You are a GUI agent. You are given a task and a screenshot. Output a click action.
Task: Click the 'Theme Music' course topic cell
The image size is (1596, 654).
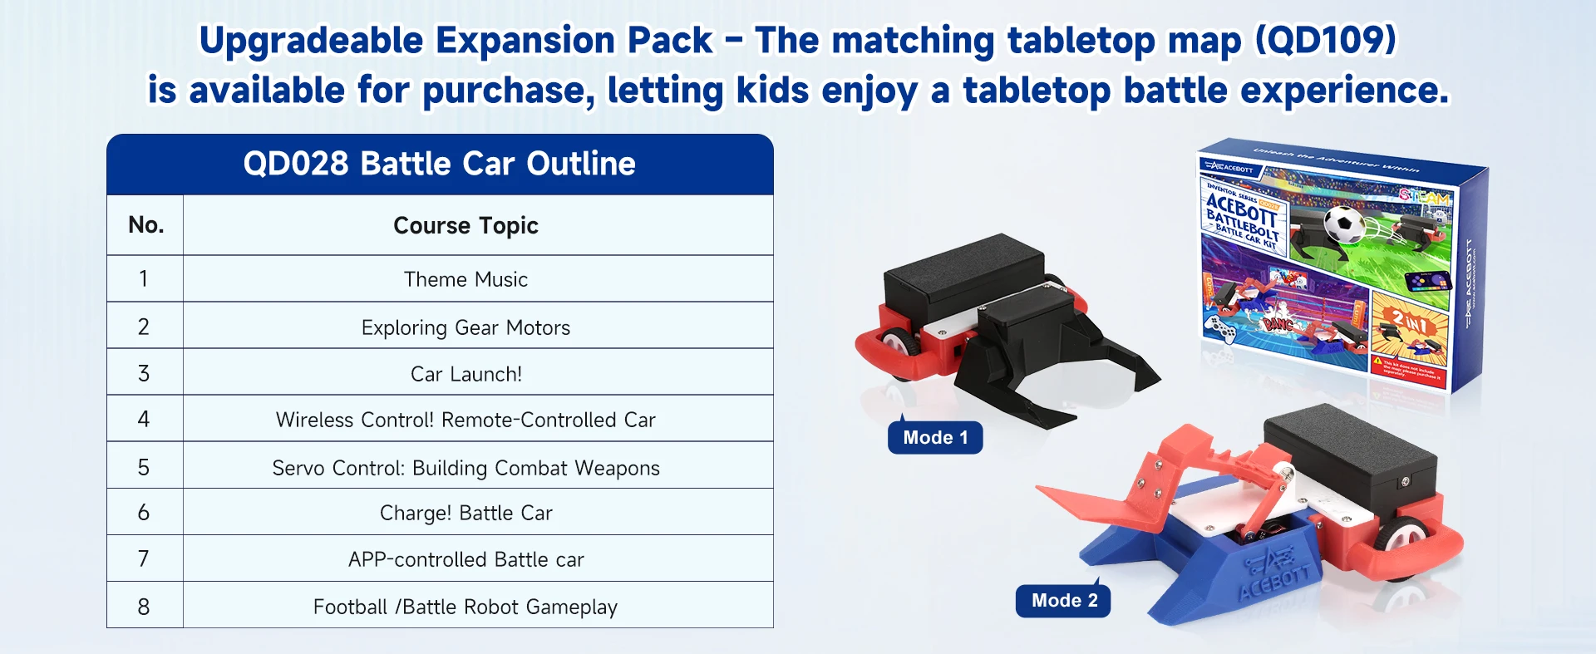[x=465, y=279]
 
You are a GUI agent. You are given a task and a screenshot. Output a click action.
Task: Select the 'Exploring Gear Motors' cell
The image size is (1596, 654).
[x=465, y=327]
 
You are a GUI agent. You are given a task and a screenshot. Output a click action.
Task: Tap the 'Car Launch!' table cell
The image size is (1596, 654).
[x=465, y=374]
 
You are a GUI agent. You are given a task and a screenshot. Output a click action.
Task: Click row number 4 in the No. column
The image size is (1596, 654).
[x=144, y=419]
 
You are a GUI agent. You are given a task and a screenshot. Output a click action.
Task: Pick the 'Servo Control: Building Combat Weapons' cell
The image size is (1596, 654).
[x=465, y=468]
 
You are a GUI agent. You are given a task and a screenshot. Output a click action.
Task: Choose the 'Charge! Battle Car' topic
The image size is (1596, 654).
[x=465, y=513]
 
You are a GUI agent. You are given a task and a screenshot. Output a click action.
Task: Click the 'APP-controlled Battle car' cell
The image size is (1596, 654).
[x=465, y=559]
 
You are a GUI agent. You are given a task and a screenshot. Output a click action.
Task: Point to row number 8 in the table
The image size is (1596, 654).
[x=144, y=607]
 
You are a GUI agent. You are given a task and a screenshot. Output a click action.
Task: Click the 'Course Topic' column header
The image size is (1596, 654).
[x=465, y=225]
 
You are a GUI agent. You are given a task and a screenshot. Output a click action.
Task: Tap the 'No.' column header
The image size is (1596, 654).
[x=145, y=225]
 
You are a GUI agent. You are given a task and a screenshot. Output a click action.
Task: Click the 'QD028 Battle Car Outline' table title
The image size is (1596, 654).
[x=439, y=164]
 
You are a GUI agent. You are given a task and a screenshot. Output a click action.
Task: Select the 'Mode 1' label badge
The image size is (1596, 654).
[x=935, y=438]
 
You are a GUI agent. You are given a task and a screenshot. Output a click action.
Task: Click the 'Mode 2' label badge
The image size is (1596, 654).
[x=1064, y=601]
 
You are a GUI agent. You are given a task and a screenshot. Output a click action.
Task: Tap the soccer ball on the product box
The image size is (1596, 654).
[x=1343, y=224]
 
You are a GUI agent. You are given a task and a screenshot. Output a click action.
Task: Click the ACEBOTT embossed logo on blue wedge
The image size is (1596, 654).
[x=1276, y=573]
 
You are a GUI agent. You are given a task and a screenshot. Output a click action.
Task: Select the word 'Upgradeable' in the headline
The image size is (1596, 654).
[x=311, y=40]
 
